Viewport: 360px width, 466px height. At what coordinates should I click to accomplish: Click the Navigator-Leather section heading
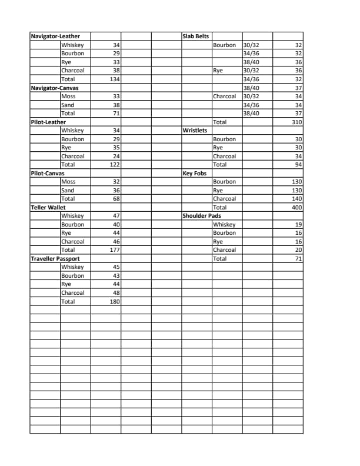(55, 36)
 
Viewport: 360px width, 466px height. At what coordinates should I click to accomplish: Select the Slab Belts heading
(196, 36)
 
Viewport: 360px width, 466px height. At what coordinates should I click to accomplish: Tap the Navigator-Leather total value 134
(115, 79)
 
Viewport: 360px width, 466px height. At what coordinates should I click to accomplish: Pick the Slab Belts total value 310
(296, 122)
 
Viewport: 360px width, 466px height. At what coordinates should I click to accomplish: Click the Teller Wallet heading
(48, 208)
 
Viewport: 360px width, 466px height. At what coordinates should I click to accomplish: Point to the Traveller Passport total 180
(115, 301)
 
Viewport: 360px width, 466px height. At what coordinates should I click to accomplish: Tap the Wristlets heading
(195, 131)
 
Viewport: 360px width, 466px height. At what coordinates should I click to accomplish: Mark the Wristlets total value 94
(298, 165)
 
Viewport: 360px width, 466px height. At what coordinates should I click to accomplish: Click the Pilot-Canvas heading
(48, 174)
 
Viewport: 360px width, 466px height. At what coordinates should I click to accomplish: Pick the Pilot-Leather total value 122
(115, 165)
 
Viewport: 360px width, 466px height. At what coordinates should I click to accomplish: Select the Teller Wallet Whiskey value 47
(116, 216)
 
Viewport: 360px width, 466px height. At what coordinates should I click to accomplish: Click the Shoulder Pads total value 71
(298, 258)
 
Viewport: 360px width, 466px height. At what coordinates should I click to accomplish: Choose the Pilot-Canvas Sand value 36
(116, 191)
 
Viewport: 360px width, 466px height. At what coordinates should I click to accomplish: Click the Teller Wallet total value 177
(115, 250)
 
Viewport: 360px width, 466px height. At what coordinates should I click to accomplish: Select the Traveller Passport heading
(55, 258)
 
